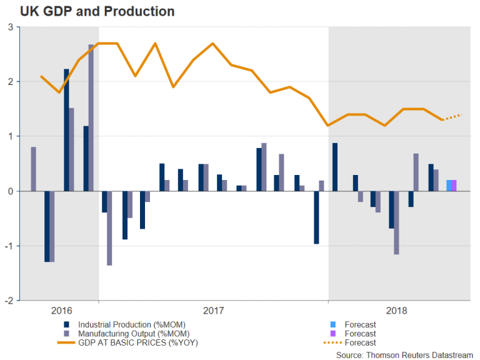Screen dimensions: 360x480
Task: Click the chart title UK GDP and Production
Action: click(x=88, y=12)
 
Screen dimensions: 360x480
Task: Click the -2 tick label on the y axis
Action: click(x=9, y=301)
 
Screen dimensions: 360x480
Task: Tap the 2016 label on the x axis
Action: click(x=61, y=310)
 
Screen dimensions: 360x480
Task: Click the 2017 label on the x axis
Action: click(x=214, y=310)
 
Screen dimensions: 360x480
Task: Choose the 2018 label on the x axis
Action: click(x=397, y=310)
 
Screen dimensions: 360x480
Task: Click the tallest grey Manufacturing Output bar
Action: click(x=91, y=117)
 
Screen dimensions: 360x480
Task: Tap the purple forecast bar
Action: click(x=454, y=186)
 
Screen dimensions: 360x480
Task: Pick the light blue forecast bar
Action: click(x=449, y=186)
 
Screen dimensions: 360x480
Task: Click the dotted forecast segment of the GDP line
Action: click(x=452, y=117)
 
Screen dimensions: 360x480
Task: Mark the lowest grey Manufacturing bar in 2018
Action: click(x=396, y=222)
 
